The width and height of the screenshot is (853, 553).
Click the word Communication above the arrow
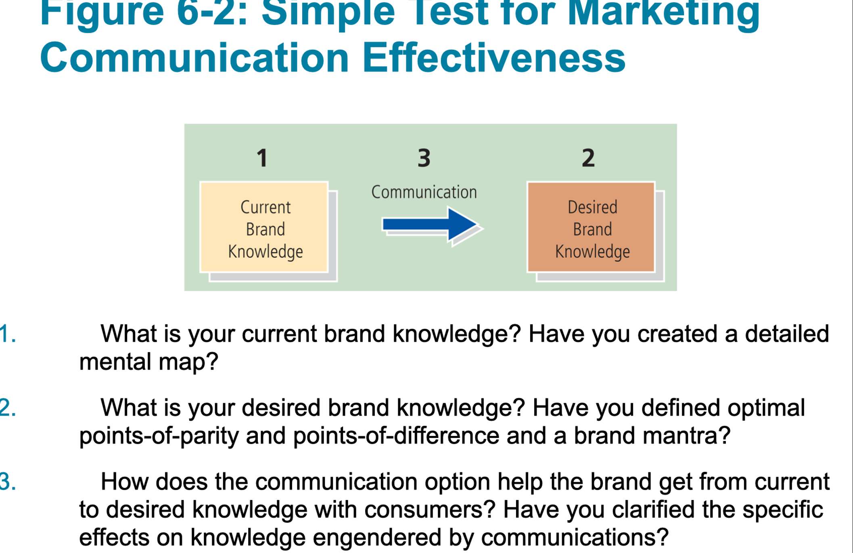click(x=424, y=192)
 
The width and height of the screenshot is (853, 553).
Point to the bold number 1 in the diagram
click(x=262, y=158)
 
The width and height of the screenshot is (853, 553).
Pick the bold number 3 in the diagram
click(x=424, y=158)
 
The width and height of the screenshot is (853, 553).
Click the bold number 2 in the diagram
click(x=588, y=158)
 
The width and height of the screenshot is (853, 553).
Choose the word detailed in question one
click(x=786, y=334)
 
